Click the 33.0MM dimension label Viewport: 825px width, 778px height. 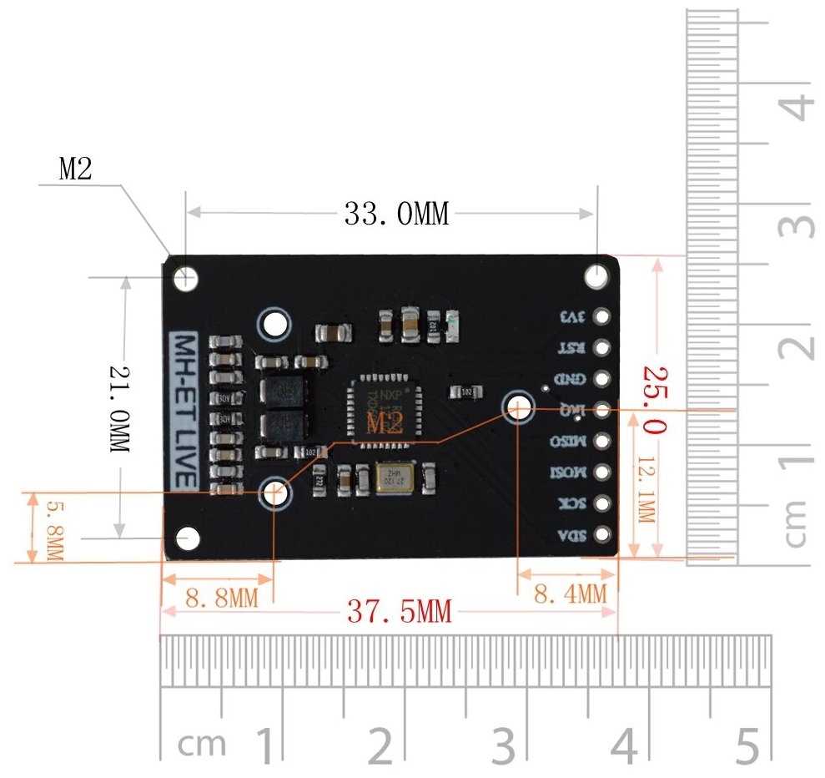(x=396, y=215)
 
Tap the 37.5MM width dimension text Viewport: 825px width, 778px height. (x=399, y=613)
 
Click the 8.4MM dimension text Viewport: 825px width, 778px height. (x=570, y=594)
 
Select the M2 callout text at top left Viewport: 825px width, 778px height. (x=75, y=169)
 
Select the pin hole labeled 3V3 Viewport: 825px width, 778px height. (x=601, y=317)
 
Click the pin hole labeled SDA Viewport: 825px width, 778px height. (x=601, y=535)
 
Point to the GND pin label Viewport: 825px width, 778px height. (x=572, y=379)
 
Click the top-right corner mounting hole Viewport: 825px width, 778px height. (x=597, y=276)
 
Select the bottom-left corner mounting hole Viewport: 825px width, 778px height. (x=188, y=538)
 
